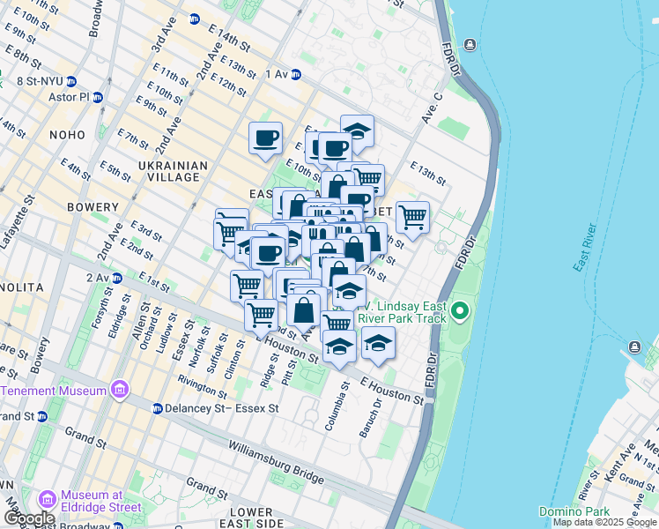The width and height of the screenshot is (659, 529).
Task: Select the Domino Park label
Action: point(571,511)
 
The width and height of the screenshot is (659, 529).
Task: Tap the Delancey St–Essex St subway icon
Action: point(157,408)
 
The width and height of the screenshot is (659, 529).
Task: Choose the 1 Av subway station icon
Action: point(296,75)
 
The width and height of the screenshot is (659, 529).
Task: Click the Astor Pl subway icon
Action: point(97,97)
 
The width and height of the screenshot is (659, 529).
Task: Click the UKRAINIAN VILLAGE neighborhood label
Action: point(174,171)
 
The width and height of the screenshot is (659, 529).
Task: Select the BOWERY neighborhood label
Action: point(86,206)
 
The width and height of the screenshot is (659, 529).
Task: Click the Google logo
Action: point(29,518)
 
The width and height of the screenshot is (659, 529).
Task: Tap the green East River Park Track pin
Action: point(459,312)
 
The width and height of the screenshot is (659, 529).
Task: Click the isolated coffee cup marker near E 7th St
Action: point(265,138)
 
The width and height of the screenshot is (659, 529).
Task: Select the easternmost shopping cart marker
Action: point(412,216)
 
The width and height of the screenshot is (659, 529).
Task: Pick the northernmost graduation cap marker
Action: point(357,130)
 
